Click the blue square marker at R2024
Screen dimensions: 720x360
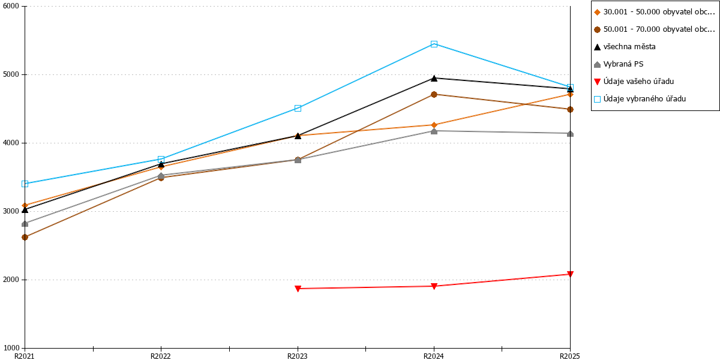pyautogui.click(x=434, y=44)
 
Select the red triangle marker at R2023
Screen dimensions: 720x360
pyautogui.click(x=298, y=289)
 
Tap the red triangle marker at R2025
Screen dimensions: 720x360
pyautogui.click(x=570, y=274)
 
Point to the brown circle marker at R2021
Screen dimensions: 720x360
pyautogui.click(x=25, y=237)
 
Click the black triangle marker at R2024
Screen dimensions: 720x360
pyautogui.click(x=434, y=78)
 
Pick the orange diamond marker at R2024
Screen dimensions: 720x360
pyautogui.click(x=434, y=125)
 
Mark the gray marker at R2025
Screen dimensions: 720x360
pyautogui.click(x=570, y=133)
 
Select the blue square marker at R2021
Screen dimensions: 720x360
pyautogui.click(x=25, y=184)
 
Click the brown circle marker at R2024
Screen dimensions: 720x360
pyautogui.click(x=434, y=95)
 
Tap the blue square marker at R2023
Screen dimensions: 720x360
pyautogui.click(x=298, y=109)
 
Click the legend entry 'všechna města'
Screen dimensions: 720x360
pyautogui.click(x=625, y=47)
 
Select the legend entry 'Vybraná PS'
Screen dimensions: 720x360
pyautogui.click(x=619, y=64)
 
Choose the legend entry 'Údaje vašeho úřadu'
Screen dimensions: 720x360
pyautogui.click(x=634, y=82)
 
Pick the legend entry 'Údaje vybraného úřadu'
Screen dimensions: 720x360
pyautogui.click(x=640, y=99)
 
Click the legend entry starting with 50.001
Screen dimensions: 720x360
pyautogui.click(x=655, y=29)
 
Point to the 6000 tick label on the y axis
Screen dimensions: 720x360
pyautogui.click(x=11, y=6)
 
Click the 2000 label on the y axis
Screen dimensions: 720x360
pyautogui.click(x=11, y=280)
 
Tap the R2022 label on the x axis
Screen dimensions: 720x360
pyautogui.click(x=161, y=356)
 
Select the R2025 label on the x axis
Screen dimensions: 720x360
pyautogui.click(x=569, y=356)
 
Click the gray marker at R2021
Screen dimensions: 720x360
pyautogui.click(x=25, y=223)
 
